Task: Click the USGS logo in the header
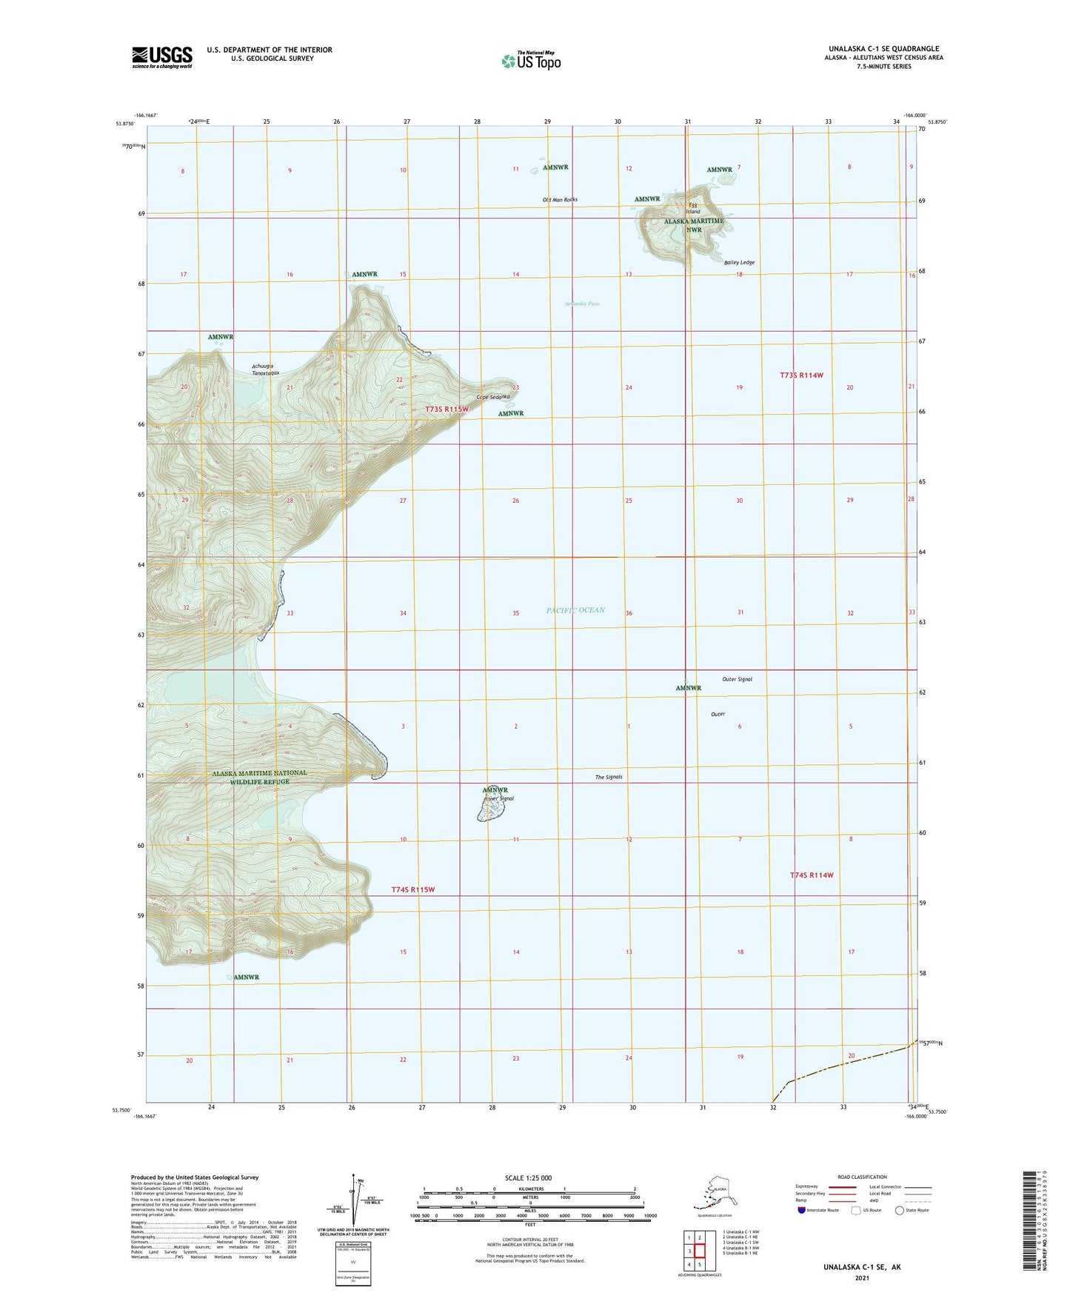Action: tap(162, 57)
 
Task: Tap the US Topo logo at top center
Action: tap(531, 60)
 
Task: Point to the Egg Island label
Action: tap(693, 208)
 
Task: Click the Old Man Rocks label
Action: tap(559, 200)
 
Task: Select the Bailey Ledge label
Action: tap(739, 262)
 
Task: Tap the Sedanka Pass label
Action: tap(582, 304)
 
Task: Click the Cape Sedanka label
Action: tap(493, 397)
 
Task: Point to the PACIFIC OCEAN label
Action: tap(575, 610)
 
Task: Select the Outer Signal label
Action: tap(737, 679)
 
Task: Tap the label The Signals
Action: tap(609, 777)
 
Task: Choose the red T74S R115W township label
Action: tap(412, 889)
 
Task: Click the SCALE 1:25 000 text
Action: tap(528, 1177)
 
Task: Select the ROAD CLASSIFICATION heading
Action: tap(862, 1177)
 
